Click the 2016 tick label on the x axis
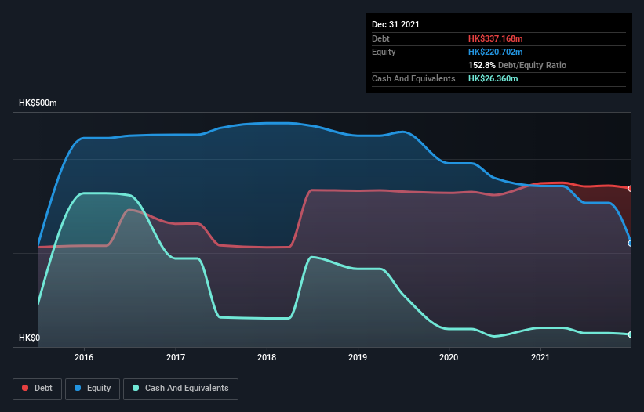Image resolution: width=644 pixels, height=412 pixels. (x=84, y=357)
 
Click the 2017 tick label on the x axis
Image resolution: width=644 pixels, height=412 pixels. (x=176, y=357)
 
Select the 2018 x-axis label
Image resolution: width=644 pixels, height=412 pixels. (x=267, y=357)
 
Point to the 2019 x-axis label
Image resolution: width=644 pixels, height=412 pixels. (x=358, y=357)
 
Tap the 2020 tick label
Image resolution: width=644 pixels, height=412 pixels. (x=449, y=357)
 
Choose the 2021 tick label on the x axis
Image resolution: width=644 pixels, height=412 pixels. (x=540, y=357)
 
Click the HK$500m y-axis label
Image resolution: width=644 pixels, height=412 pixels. (x=38, y=103)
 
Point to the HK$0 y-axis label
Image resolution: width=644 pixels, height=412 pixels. (x=31, y=338)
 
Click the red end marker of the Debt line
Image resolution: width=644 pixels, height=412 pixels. (x=631, y=189)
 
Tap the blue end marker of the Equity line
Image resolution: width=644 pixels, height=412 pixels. (x=631, y=243)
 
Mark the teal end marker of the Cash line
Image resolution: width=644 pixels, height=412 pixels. (x=631, y=334)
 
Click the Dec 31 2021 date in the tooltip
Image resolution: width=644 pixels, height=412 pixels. (x=395, y=24)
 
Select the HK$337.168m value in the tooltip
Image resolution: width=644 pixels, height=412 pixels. (x=496, y=38)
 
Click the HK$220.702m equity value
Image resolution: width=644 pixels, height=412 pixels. (x=496, y=52)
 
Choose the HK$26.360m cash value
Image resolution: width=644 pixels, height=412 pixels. (x=493, y=78)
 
